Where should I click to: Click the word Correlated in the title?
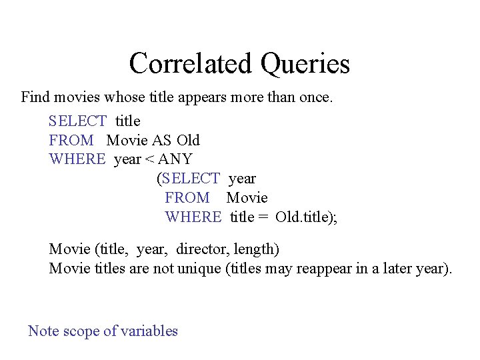[x=191, y=63]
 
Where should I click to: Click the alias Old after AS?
[x=188, y=140]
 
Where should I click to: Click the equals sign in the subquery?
[x=263, y=217]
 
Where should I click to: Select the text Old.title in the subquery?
[x=304, y=217]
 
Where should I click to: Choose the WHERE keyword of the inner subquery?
[x=193, y=217]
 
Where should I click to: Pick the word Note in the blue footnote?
[x=43, y=331]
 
